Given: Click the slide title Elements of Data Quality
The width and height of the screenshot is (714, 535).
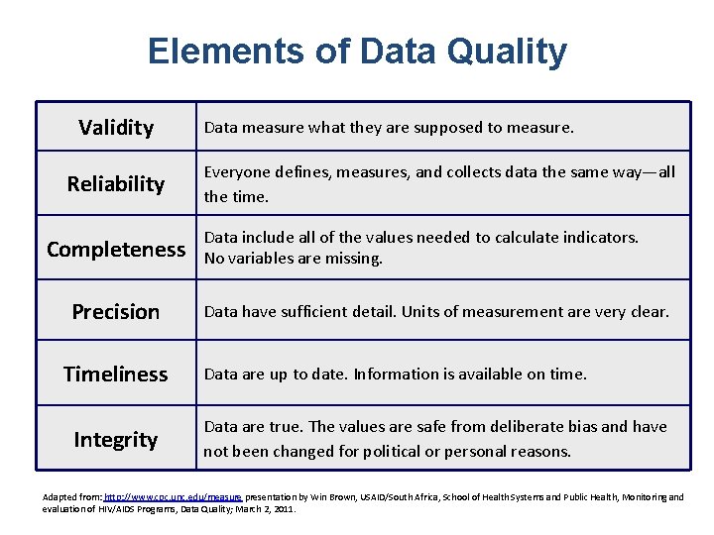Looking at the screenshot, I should (x=357, y=52).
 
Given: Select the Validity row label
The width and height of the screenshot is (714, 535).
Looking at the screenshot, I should (x=116, y=128).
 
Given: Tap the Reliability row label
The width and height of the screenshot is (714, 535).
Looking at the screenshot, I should (x=116, y=183).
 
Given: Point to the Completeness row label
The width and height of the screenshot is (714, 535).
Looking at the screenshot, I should (x=116, y=249).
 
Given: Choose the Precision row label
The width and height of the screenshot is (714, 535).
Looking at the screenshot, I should (x=116, y=312).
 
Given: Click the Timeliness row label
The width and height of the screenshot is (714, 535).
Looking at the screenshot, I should (x=116, y=374).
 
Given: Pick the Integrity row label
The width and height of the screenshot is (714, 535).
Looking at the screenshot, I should (x=116, y=440).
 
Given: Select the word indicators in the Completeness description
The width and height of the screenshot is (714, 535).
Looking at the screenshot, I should (x=601, y=238).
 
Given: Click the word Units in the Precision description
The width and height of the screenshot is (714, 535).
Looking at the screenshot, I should (x=421, y=312).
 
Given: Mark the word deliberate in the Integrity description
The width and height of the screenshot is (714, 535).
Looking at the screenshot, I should (x=516, y=427).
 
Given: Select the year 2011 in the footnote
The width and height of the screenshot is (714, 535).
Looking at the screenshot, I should (x=282, y=508).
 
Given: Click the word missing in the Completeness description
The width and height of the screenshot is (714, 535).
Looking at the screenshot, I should (x=356, y=260).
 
